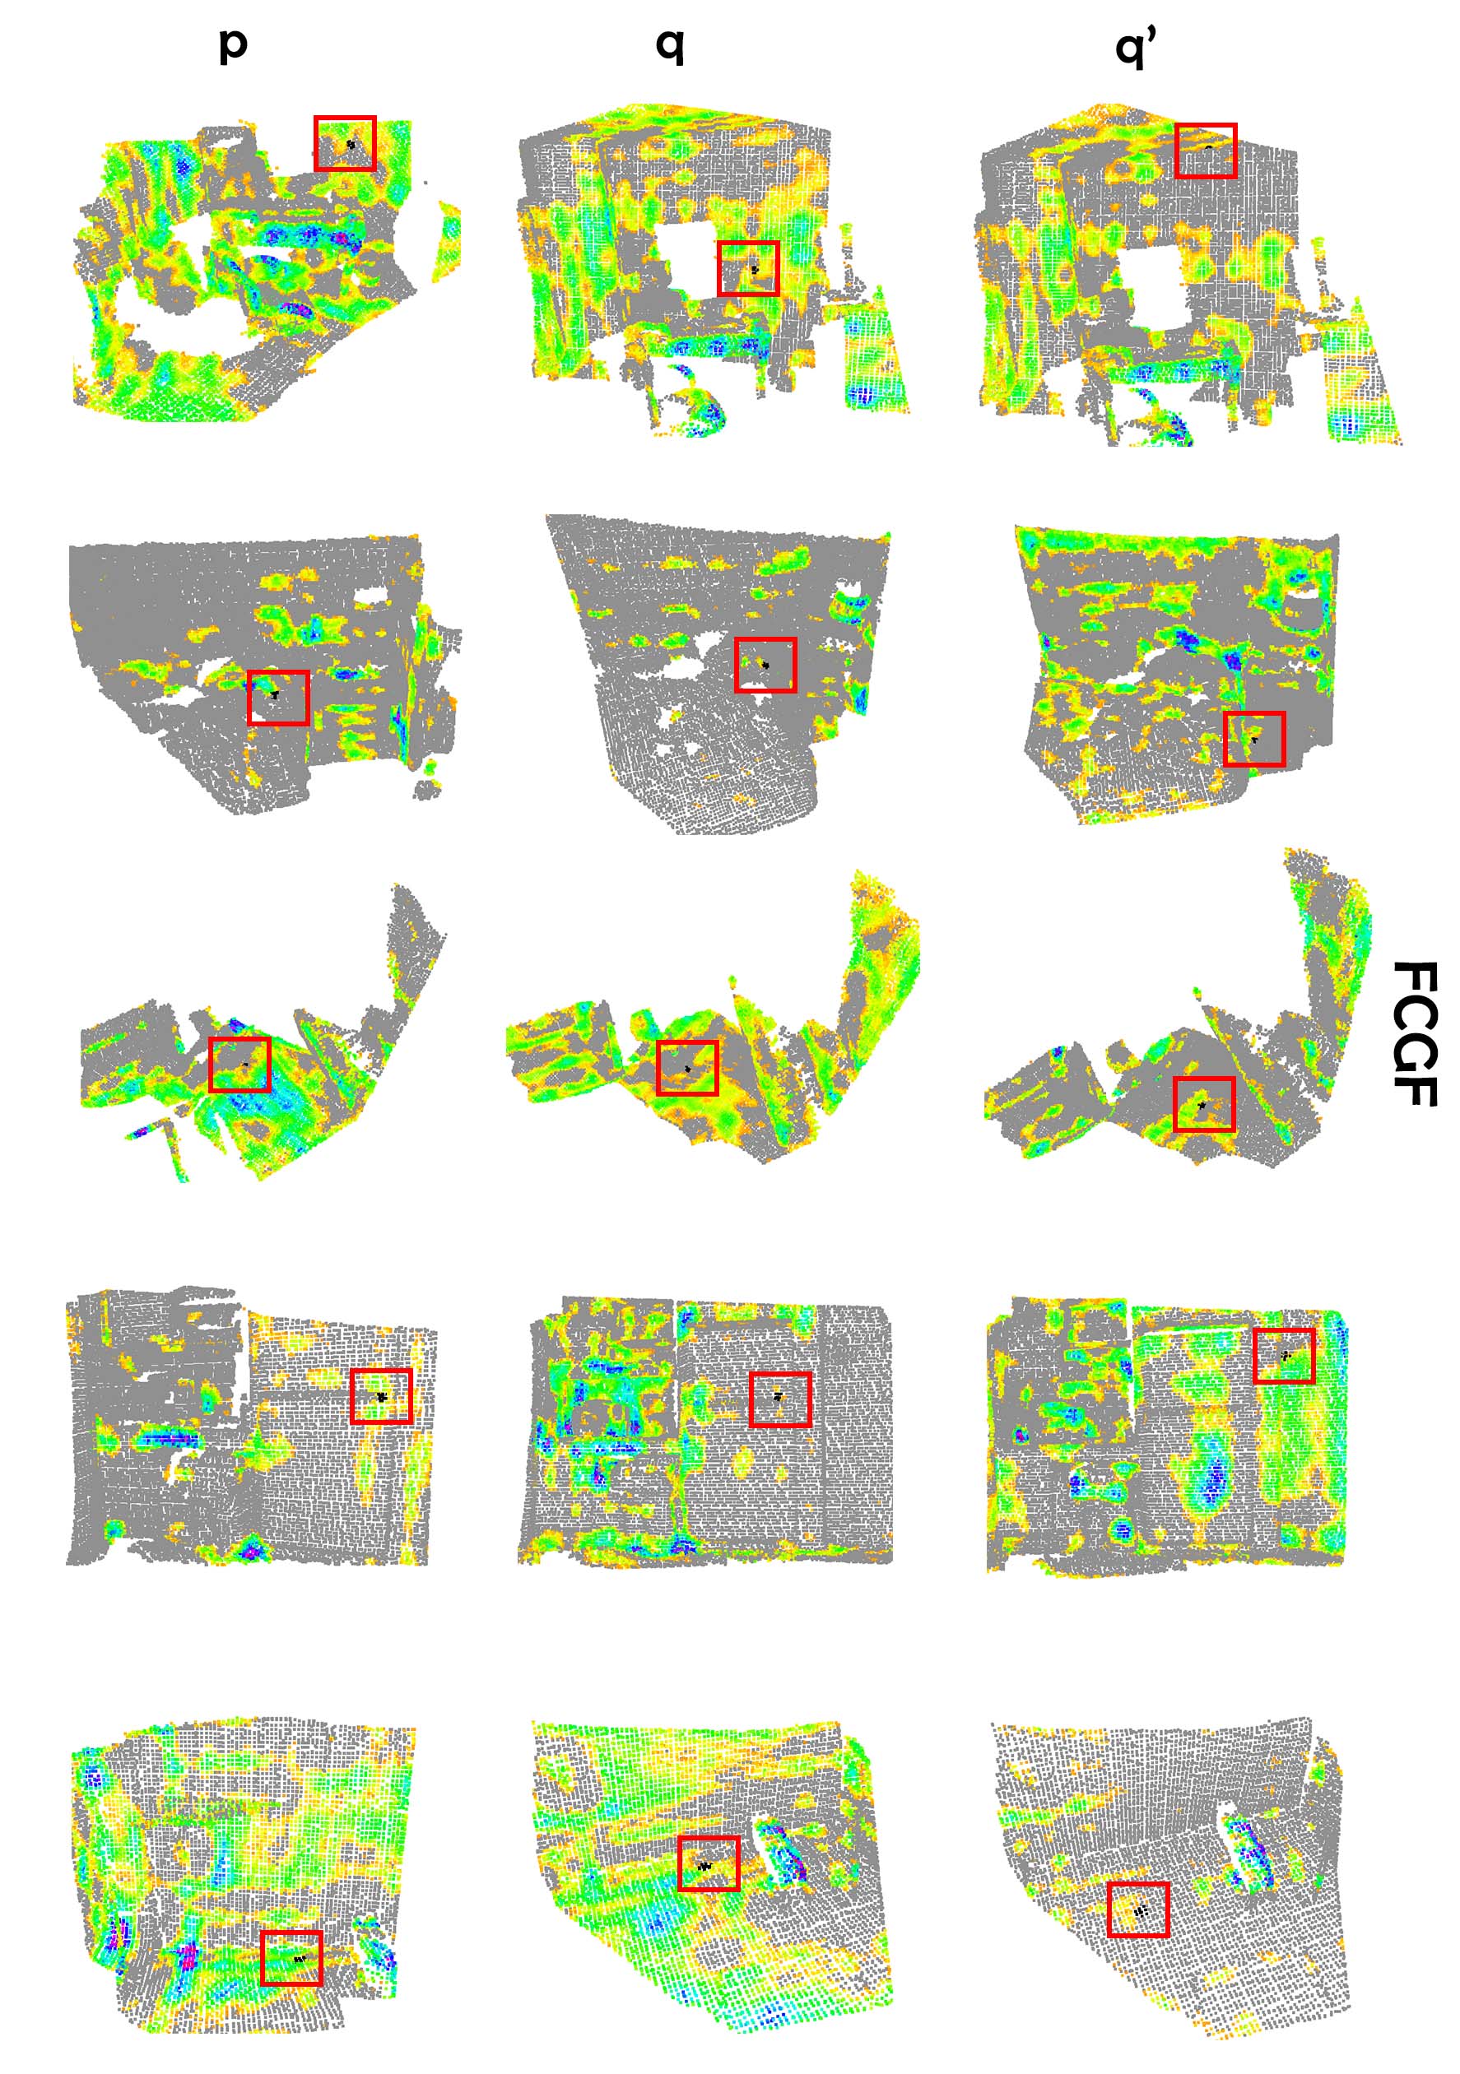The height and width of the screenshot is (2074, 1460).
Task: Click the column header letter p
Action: [232, 44]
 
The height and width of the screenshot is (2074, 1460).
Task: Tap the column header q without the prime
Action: [669, 44]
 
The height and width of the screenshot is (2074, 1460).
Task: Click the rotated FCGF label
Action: [1414, 1033]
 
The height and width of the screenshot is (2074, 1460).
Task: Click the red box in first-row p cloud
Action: [344, 142]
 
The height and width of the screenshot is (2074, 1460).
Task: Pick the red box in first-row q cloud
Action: [748, 268]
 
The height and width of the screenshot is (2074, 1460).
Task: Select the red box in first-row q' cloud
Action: [1205, 150]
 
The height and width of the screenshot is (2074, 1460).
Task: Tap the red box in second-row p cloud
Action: [278, 698]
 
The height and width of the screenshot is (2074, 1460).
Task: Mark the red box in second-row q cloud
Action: [765, 665]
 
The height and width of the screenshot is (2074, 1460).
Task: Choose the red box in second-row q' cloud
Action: [1254, 739]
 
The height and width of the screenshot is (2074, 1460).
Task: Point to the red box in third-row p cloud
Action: [239, 1064]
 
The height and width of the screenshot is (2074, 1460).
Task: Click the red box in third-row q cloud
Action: [687, 1068]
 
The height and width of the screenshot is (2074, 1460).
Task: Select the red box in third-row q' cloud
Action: [1203, 1104]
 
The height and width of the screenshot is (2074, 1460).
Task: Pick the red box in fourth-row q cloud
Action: [779, 1399]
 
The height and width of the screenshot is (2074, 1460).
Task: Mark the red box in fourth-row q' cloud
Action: [1284, 1355]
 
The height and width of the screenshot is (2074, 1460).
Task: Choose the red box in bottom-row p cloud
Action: [291, 1957]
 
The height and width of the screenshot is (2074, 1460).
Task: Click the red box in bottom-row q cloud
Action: [709, 1863]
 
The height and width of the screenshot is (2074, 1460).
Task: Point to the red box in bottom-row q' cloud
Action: [1138, 1909]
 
